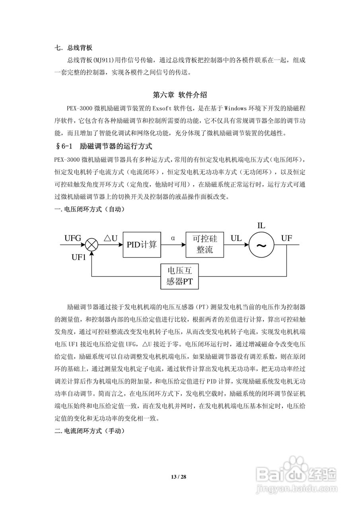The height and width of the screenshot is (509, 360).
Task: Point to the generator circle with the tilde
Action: pos(261,245)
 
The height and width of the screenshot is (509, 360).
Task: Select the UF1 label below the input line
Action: pos(79,257)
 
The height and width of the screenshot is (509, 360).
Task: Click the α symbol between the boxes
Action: pos(173,238)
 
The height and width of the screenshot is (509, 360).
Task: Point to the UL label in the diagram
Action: pos(236,238)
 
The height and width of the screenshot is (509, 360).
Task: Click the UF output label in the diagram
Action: pos(287,238)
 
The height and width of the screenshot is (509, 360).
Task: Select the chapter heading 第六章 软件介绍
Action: pos(180,95)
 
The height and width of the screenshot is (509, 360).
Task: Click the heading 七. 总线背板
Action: pos(74,48)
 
